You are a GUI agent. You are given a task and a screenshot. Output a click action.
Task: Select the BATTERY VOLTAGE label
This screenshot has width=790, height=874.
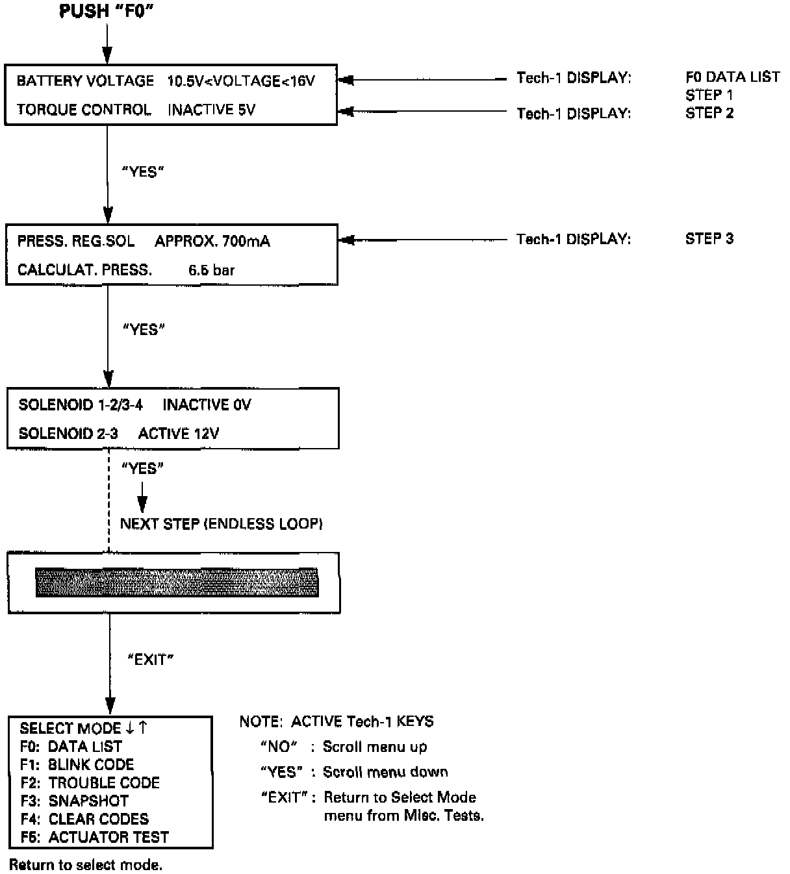pos(85,81)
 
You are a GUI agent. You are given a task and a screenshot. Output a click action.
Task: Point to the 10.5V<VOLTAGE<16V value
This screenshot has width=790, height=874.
pos(241,81)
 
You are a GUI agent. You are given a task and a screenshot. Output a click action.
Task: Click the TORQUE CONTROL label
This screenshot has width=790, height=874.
pos(84,110)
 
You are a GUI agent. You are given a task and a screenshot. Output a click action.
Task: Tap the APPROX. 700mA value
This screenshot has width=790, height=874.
pos(212,242)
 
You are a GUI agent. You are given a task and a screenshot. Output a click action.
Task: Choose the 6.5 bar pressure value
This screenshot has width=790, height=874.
pos(211,270)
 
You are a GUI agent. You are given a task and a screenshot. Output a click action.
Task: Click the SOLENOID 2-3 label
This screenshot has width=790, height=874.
pos(68,433)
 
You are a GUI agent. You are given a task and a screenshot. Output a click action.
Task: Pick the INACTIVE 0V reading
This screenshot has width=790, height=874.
pos(207,405)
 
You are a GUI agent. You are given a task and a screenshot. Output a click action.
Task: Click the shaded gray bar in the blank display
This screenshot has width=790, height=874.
pos(177,582)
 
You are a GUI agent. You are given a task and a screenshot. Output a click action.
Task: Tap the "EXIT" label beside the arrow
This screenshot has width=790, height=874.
pos(150,660)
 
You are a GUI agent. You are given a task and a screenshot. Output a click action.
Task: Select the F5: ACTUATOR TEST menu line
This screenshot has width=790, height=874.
pos(94,837)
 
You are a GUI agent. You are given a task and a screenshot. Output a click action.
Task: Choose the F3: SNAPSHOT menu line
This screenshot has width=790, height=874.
pos(74,801)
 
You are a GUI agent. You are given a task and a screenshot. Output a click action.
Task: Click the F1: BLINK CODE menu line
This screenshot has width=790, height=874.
pos(77,764)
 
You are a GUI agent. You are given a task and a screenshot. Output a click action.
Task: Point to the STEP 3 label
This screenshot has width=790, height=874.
pos(709,238)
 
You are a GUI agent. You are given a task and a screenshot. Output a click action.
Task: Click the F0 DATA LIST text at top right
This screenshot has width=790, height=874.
pos(732,77)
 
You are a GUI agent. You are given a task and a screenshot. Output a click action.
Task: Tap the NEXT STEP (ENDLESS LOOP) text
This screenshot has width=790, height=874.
pos(222,524)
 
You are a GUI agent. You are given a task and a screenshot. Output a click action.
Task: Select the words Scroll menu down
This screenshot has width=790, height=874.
pos(385,772)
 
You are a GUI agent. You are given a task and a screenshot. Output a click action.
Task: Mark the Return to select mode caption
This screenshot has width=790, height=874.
pos(86,865)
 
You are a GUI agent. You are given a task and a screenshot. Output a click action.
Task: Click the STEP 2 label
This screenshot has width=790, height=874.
pos(709,113)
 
